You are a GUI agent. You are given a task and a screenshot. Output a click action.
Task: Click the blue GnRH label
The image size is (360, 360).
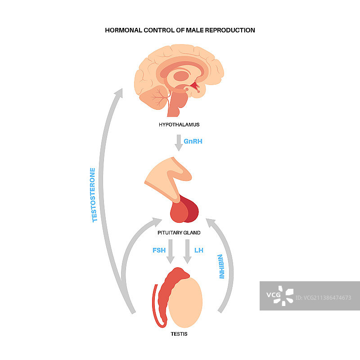193,141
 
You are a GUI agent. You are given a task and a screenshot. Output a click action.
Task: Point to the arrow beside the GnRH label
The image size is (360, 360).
178,142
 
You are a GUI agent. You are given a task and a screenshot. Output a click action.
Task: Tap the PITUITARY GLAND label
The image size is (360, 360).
179,233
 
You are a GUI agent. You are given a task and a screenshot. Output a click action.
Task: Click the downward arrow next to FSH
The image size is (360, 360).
171,252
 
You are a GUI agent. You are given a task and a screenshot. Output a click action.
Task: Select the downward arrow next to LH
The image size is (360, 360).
188,252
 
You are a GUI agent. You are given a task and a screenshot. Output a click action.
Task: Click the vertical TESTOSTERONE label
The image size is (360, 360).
94,195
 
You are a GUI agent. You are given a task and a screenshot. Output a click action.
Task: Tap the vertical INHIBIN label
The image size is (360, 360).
221,267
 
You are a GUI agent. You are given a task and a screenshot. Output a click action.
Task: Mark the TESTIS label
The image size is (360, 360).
179,334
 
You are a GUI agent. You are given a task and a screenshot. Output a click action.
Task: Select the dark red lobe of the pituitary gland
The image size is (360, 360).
192,210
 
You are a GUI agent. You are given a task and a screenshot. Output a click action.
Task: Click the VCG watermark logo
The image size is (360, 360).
279,296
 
